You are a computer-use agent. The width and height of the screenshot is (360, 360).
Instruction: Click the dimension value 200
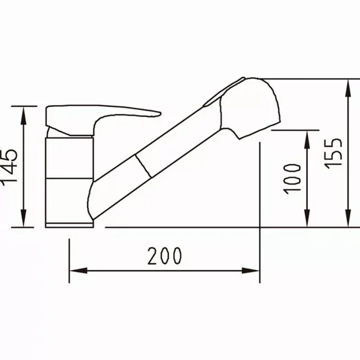click(165, 256)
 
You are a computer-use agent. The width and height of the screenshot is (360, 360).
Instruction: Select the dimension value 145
click(10, 167)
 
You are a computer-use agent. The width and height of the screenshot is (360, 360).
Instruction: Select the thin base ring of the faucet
click(69, 224)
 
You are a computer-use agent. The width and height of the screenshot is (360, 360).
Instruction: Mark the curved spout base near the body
click(96, 197)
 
